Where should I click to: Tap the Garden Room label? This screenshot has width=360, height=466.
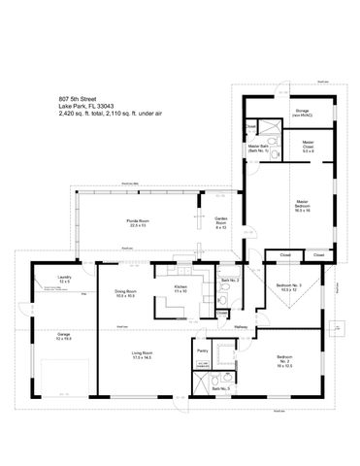click(x=221, y=222)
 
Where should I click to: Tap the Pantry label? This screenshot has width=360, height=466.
click(x=203, y=351)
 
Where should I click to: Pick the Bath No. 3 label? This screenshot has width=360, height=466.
click(x=220, y=388)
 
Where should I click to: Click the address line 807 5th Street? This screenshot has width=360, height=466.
click(x=77, y=99)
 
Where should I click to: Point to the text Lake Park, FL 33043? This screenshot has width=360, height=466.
click(x=82, y=106)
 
